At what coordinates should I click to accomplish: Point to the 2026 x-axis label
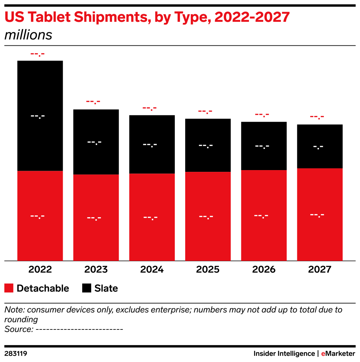click(264, 270)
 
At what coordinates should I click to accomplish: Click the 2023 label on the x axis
click(96, 270)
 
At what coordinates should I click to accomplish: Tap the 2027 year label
click(320, 270)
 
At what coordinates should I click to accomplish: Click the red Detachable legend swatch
click(9, 288)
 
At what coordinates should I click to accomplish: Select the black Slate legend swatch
click(87, 288)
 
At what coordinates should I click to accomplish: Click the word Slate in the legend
click(106, 288)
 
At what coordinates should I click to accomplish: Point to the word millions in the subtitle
click(28, 35)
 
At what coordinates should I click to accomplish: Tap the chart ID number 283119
click(16, 354)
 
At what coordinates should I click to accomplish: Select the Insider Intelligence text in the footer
click(284, 354)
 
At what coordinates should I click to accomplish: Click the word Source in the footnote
click(18, 329)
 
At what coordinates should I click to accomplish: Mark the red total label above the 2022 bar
click(37, 54)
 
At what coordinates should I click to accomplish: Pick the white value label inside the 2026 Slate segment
click(262, 146)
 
